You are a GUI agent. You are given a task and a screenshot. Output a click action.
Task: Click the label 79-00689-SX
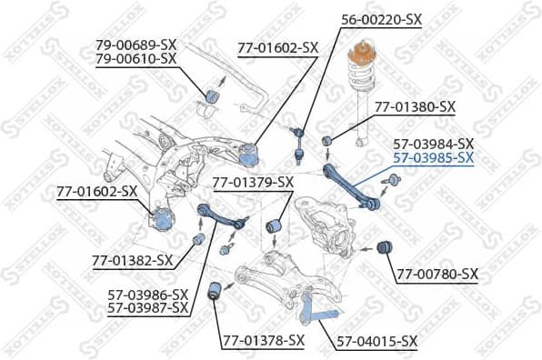(136, 44)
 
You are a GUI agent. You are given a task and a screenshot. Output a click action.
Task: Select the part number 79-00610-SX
(136, 58)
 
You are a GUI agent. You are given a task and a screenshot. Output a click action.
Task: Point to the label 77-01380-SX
(415, 106)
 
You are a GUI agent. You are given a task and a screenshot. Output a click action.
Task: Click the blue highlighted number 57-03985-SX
(433, 157)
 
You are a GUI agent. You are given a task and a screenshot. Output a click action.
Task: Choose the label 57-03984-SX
(433, 144)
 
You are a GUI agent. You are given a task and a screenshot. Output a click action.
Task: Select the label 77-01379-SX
(253, 183)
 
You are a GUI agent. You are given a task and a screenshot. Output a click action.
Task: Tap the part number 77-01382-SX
(132, 261)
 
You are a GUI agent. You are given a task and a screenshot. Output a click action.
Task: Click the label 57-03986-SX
(148, 295)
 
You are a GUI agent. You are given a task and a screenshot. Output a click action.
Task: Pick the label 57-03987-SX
(148, 308)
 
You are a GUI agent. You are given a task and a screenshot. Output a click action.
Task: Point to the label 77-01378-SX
(263, 340)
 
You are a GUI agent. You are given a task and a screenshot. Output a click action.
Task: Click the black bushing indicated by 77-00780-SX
(384, 246)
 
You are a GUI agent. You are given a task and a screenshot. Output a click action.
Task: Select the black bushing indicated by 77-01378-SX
(216, 291)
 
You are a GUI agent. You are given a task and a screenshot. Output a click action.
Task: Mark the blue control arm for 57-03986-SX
(220, 217)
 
